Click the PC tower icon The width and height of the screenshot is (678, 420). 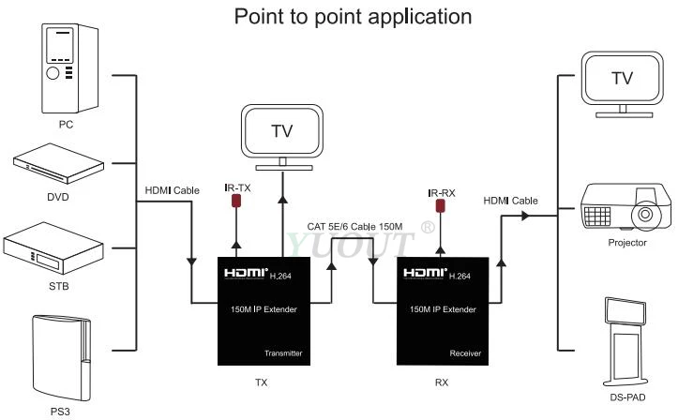tap(69, 68)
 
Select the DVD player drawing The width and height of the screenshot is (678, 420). tap(58, 163)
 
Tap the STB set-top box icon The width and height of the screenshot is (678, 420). tap(53, 248)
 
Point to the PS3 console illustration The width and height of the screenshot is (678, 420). tap(61, 358)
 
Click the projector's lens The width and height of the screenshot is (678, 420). tap(644, 214)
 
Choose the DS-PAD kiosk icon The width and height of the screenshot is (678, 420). tap(625, 341)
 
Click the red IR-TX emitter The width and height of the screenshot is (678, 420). tap(236, 201)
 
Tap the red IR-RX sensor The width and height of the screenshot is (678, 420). tap(440, 205)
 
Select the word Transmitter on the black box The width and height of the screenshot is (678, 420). tap(283, 353)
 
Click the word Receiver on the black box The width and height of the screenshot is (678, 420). tap(465, 353)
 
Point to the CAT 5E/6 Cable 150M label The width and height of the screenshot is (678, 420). tap(354, 227)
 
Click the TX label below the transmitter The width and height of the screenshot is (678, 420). tap(262, 382)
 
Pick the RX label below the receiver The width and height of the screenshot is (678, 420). tap(442, 382)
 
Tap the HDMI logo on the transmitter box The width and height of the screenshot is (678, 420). tap(246, 273)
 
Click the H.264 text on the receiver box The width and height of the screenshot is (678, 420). tap(460, 277)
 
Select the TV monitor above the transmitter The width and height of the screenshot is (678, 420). tap(282, 137)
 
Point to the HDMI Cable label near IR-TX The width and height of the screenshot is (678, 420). tap(173, 190)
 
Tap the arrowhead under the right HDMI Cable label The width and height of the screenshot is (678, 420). tap(525, 216)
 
